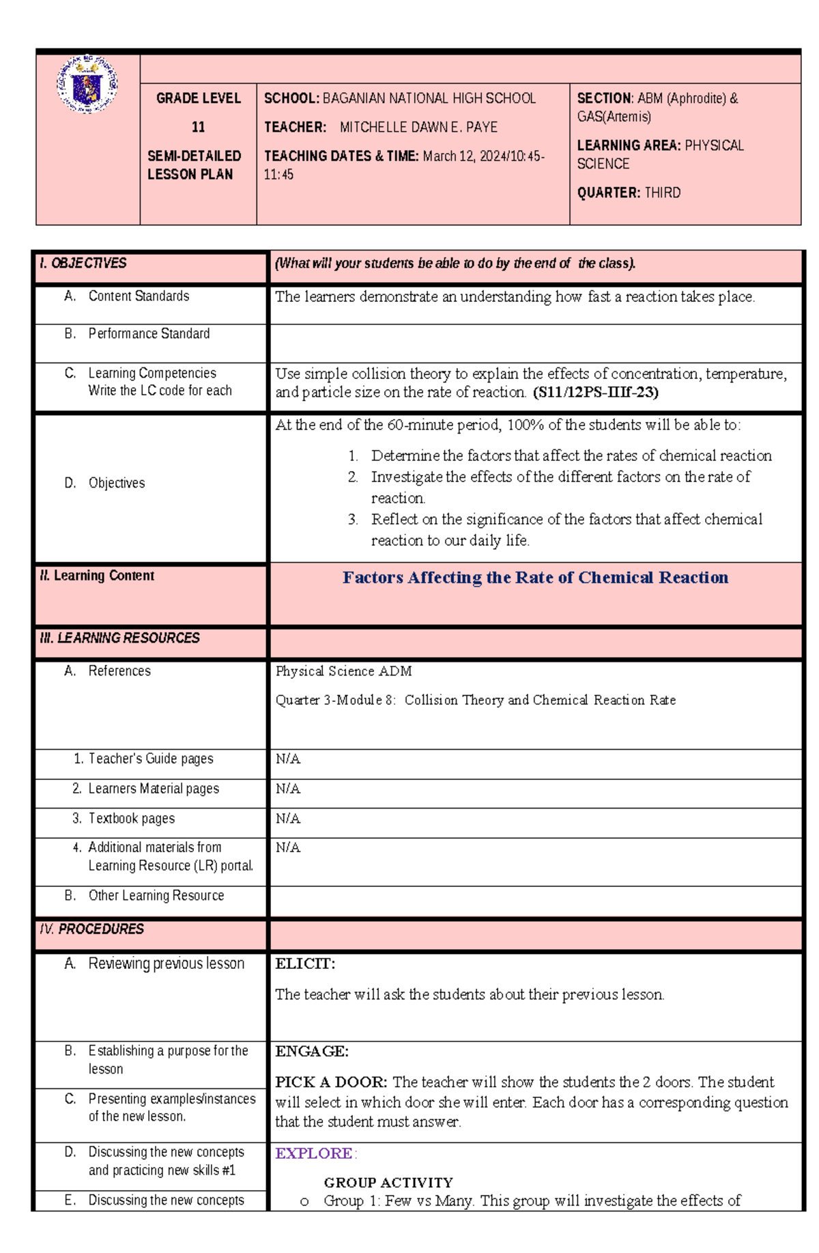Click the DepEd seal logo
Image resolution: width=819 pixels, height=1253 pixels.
(x=87, y=85)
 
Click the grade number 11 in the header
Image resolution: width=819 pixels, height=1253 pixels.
(x=198, y=127)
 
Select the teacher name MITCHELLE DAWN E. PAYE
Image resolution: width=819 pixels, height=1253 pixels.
(x=418, y=127)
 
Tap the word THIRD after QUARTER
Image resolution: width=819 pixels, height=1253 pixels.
(x=662, y=193)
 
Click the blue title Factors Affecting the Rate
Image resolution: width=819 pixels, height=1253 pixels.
(x=535, y=578)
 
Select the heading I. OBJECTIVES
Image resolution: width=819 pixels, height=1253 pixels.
(x=83, y=264)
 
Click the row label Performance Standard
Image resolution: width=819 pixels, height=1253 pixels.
(x=148, y=334)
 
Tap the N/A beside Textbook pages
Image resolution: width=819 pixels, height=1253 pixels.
(x=287, y=818)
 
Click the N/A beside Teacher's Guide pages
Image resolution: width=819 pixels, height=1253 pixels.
(x=287, y=759)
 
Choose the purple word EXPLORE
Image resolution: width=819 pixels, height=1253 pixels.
(x=313, y=1153)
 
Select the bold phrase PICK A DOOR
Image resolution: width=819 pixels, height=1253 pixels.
(x=330, y=1082)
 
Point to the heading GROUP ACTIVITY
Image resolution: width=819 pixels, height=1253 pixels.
(x=388, y=1182)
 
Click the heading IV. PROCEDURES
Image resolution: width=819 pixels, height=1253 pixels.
(x=91, y=929)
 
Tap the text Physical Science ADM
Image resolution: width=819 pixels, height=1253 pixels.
(x=343, y=671)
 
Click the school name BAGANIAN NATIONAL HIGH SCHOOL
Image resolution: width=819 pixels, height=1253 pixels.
(x=429, y=98)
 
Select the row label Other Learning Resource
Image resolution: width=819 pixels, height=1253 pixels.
(x=156, y=895)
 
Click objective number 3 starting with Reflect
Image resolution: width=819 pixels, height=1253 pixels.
(x=566, y=520)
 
